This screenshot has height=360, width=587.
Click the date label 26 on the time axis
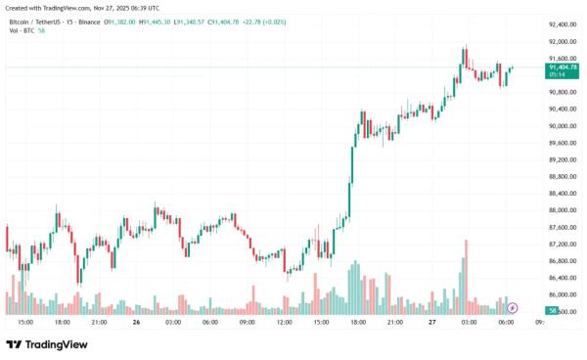pyautogui.click(x=137, y=322)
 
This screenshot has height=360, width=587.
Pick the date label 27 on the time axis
pyautogui.click(x=431, y=322)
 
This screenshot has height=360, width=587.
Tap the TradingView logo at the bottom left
pyautogui.click(x=47, y=344)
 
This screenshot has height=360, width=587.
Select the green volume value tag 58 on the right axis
pyautogui.click(x=553, y=311)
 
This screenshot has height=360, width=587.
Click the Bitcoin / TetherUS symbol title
pyautogui.click(x=41, y=22)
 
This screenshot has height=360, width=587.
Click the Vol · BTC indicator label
pyautogui.click(x=20, y=31)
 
